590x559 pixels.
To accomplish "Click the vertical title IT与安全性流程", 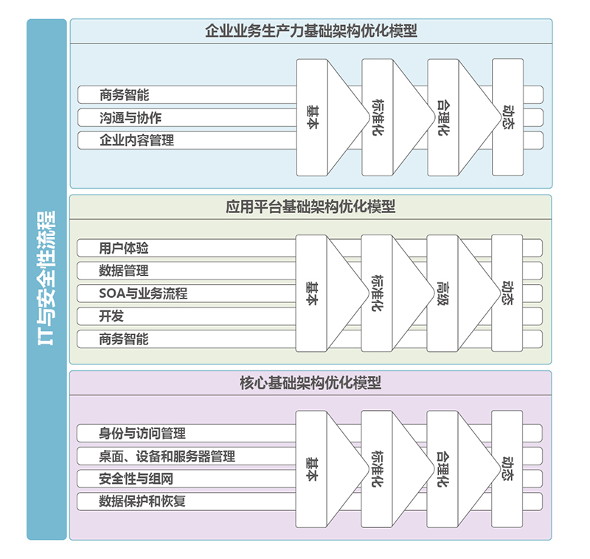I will click(x=46, y=279).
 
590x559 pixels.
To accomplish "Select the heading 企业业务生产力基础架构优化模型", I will click(x=310, y=31).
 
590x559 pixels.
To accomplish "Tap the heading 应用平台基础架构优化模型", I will click(x=310, y=206).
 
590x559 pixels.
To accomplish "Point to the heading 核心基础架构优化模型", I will click(x=310, y=383).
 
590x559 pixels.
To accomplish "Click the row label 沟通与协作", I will click(x=131, y=117).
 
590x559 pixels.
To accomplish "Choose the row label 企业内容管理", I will click(x=136, y=139).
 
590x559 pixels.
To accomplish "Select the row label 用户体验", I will click(x=124, y=248).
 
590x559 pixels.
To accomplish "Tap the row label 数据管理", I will click(x=124, y=271).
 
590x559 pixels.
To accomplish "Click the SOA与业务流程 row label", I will click(x=143, y=294).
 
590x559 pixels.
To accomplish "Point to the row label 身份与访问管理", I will click(x=142, y=433).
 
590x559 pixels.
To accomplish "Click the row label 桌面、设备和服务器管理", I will click(x=167, y=456).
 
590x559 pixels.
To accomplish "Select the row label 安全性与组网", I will click(x=136, y=479).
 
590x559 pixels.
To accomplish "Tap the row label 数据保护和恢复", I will click(x=142, y=501).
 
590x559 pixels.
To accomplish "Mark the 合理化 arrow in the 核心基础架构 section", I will click(x=442, y=468).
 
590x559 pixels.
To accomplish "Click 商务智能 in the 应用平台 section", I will click(x=124, y=338).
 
